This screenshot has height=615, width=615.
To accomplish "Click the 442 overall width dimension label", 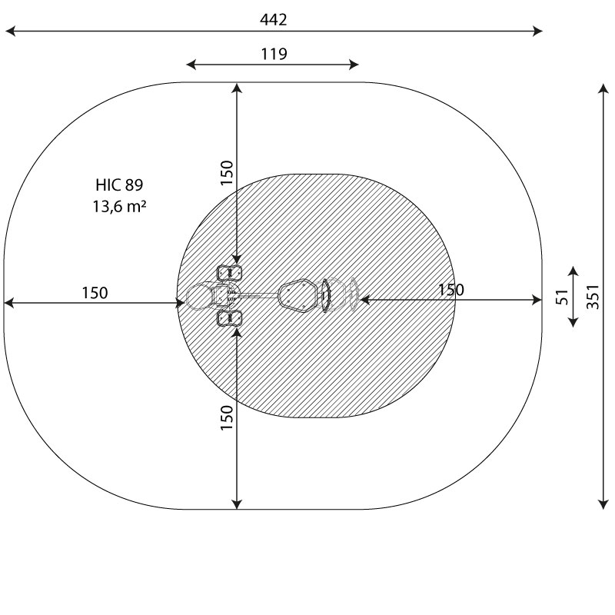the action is [274, 20].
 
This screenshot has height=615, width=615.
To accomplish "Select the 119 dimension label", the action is [274, 54].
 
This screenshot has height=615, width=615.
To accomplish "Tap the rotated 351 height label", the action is [593, 297].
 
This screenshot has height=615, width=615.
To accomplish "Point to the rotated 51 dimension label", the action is [562, 297].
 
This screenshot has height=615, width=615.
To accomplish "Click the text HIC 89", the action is [119, 184].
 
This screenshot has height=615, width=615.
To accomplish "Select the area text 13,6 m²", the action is [119, 206].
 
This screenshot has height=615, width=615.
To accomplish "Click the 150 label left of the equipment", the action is [95, 293].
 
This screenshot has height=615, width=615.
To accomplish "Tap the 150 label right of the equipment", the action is [451, 290].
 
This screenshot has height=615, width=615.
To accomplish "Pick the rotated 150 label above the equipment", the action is [227, 173].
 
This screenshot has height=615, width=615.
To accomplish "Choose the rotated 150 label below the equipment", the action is [227, 417].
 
